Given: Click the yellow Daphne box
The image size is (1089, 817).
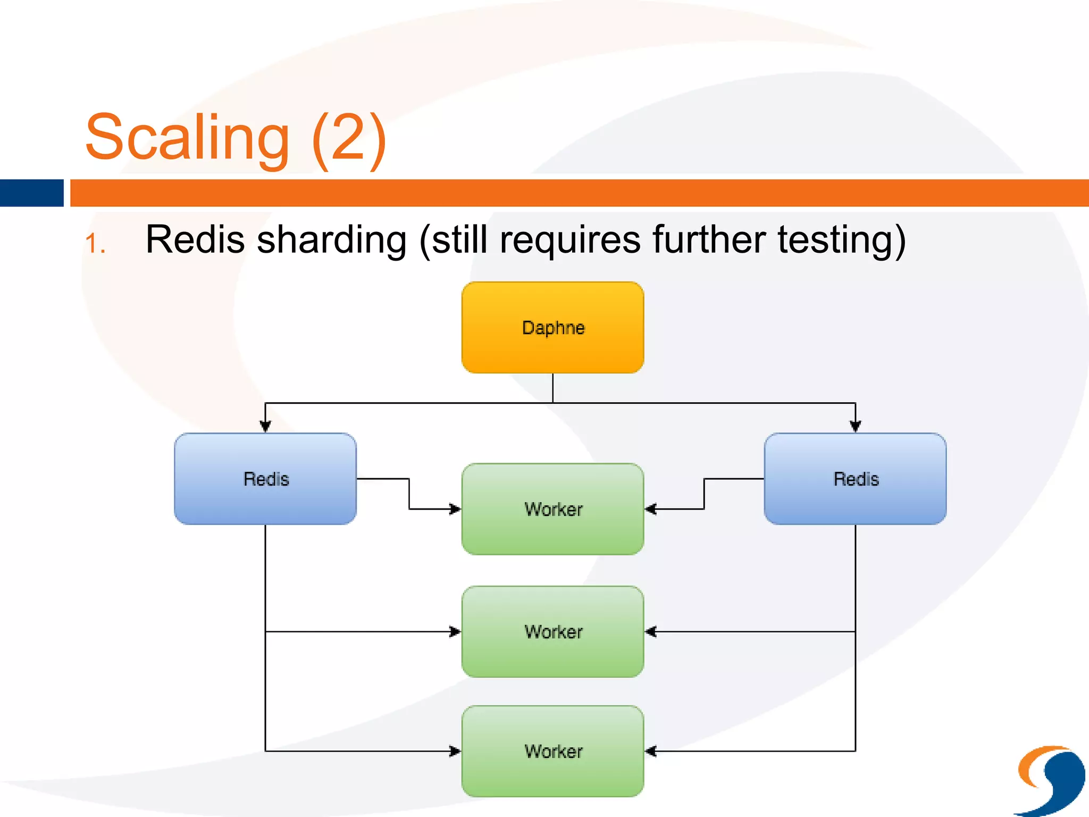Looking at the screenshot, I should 552,328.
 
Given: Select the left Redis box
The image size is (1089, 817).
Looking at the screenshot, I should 265,479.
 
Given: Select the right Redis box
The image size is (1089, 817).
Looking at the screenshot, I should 855,479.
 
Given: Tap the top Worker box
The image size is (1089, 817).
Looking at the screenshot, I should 552,509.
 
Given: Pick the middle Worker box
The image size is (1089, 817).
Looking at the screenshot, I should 552,631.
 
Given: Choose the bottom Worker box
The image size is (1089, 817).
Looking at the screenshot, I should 552,751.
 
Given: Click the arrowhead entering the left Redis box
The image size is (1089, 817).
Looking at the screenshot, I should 265,426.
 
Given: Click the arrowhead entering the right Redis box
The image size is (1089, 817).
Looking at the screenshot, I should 855,426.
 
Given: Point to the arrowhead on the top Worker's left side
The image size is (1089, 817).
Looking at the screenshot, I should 455,509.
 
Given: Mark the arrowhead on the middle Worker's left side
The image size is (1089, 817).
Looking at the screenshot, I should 455,631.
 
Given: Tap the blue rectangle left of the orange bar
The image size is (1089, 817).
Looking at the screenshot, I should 31,193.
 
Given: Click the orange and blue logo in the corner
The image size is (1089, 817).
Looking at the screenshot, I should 1051,780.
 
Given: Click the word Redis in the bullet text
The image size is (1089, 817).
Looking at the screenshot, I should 195,239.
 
